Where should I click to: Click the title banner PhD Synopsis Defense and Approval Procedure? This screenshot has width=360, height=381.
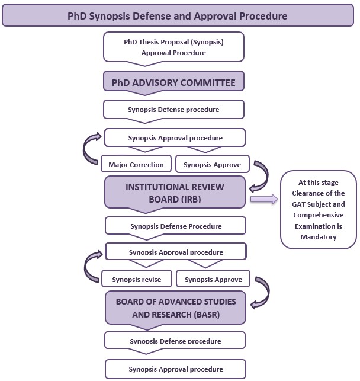point(178,15)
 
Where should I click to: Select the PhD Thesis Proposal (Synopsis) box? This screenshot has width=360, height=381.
point(173,47)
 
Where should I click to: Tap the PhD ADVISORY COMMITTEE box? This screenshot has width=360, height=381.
point(173,82)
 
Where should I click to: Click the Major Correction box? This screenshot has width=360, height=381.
point(136,164)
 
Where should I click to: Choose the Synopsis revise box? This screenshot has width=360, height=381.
point(137,278)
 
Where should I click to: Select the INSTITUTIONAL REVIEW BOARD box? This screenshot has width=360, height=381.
point(175,193)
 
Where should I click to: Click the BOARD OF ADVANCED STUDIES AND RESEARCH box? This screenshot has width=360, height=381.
point(175,308)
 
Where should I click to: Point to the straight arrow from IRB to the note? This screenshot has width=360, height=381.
point(264,199)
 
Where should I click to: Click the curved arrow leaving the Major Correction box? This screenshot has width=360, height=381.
point(84,149)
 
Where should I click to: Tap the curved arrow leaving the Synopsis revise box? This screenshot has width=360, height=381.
point(85,267)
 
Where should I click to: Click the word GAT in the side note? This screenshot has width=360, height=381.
point(298,204)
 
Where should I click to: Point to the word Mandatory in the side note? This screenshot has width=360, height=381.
point(319,237)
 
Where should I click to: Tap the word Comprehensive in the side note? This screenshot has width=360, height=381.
point(319,215)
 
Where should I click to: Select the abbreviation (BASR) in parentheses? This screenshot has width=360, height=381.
point(207,315)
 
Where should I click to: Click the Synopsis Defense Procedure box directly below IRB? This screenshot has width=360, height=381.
point(175,226)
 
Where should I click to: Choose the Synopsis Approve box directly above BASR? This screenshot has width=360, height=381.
point(213,278)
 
